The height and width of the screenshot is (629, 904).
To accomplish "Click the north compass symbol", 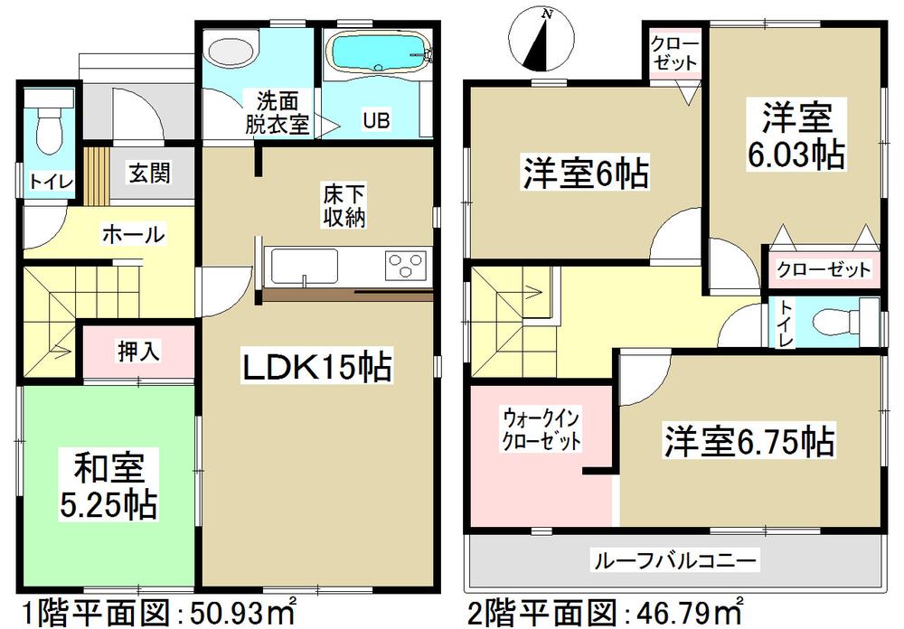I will pyautogui.click(x=541, y=40).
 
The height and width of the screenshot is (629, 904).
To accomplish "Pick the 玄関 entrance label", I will pyautogui.click(x=148, y=173).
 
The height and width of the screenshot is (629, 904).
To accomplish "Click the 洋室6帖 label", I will pyautogui.click(x=584, y=173).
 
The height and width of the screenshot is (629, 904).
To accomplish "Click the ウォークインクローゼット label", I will pyautogui.click(x=542, y=431).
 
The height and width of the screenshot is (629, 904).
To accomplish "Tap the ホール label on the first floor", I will pyautogui.click(x=132, y=235).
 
